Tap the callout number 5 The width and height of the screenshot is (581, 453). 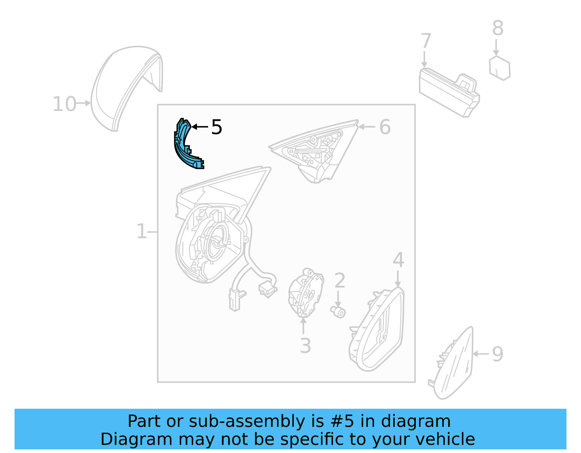coord(216,127)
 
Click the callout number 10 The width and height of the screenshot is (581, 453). coord(64,104)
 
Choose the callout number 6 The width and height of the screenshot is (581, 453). coord(385,127)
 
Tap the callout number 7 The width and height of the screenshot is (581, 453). coord(426,41)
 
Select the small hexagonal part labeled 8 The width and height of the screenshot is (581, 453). coord(500,68)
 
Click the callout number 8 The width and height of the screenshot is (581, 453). coord(498,28)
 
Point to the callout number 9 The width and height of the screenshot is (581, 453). coord(497,354)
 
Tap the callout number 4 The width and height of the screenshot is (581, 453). coord(398,260)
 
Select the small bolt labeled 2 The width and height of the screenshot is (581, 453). coord(338,311)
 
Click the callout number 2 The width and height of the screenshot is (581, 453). coord(340,281)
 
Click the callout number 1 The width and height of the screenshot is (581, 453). coord(141,231)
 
